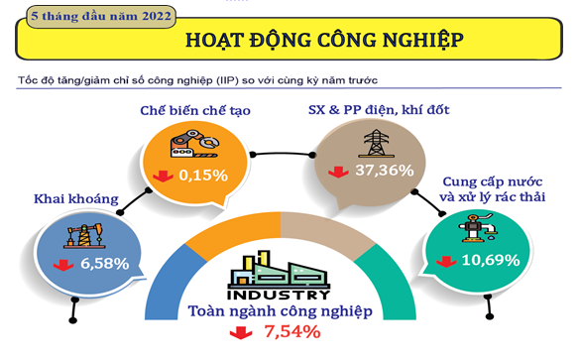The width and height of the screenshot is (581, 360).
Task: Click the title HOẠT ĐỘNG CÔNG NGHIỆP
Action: [x=324, y=40]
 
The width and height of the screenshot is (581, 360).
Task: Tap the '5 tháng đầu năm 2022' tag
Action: [x=101, y=16]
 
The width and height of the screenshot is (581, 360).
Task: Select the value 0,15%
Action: [x=203, y=176]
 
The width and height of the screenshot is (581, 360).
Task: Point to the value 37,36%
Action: [x=385, y=171]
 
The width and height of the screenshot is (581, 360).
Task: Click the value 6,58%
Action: [x=105, y=264]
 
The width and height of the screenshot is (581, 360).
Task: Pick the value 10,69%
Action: [x=491, y=260]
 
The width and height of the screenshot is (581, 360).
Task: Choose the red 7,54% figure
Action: [x=291, y=331]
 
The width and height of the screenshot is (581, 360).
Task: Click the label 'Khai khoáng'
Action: [x=76, y=199]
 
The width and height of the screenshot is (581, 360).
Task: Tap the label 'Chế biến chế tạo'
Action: [x=195, y=110]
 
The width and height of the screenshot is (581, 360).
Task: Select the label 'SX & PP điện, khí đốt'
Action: [x=379, y=110]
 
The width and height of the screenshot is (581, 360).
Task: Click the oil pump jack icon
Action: [x=85, y=236]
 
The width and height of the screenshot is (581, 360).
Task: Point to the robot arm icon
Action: [x=194, y=144]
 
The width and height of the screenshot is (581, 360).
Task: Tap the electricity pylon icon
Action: [x=376, y=143]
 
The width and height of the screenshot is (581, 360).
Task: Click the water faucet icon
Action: [x=477, y=228]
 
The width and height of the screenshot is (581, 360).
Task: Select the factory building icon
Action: [x=279, y=270]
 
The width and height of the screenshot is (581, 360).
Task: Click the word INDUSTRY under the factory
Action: [x=279, y=296]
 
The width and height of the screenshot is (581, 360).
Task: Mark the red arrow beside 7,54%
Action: [x=241, y=332]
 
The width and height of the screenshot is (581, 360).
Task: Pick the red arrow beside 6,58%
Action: [x=63, y=265]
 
